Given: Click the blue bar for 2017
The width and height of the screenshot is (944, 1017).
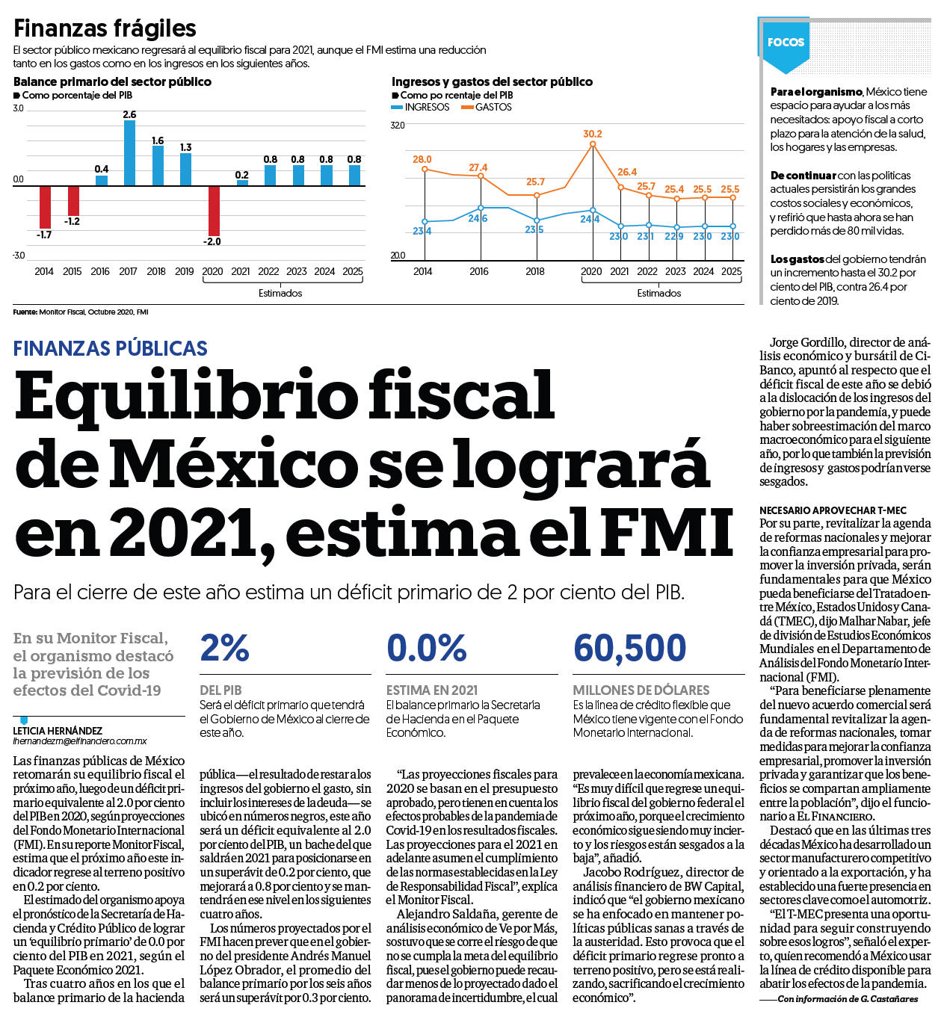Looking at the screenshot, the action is point(129,152).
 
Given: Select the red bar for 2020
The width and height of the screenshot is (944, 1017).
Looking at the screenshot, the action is point(214,211).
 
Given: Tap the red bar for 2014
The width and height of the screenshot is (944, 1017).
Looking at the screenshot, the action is point(46,207).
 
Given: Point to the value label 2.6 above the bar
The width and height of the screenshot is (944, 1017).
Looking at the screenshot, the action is point(129,114).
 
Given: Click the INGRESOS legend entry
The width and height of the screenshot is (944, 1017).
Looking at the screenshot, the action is point(420,107).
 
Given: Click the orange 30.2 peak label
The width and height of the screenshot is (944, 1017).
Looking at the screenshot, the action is point(593,134).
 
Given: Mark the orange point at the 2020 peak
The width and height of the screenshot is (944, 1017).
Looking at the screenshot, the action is point(593,144).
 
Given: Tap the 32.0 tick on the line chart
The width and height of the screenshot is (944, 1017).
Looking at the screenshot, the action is point(398,125).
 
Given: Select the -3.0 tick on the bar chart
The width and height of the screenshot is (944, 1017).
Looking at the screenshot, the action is point(19,256).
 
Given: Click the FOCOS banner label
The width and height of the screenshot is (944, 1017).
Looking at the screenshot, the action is point(786,42).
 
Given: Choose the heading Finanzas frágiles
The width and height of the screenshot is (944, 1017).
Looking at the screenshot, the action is point(105,28).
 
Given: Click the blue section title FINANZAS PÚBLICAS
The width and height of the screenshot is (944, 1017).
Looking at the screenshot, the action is point(110,348).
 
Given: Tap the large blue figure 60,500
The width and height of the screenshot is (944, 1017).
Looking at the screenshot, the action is point(629,647).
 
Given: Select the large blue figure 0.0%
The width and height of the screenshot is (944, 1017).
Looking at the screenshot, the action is point(427,647).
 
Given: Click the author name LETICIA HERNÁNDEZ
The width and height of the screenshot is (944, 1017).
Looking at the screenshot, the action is point(58,731).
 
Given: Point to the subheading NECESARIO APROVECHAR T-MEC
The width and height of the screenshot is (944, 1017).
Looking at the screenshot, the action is point(833,510).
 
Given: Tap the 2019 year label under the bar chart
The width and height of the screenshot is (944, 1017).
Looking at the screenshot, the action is point(185,271).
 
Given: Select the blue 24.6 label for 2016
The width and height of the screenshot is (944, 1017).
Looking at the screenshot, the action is point(478,219).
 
